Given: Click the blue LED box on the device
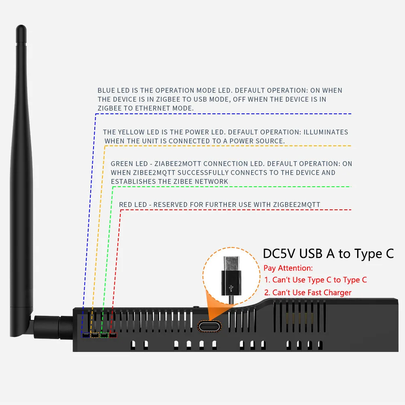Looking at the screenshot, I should point(85,335).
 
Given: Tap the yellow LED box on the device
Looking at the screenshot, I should point(95,335).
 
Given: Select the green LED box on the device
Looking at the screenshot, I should point(104,335).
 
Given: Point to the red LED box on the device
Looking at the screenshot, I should point(113,335).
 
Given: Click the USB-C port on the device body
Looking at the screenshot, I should point(209,326).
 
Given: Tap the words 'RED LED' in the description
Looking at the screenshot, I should point(133,205).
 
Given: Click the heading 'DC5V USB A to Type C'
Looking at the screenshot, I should point(328,254).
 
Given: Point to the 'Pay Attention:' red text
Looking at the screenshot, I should point(288,268).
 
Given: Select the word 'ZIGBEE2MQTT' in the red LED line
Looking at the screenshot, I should point(297,205).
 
